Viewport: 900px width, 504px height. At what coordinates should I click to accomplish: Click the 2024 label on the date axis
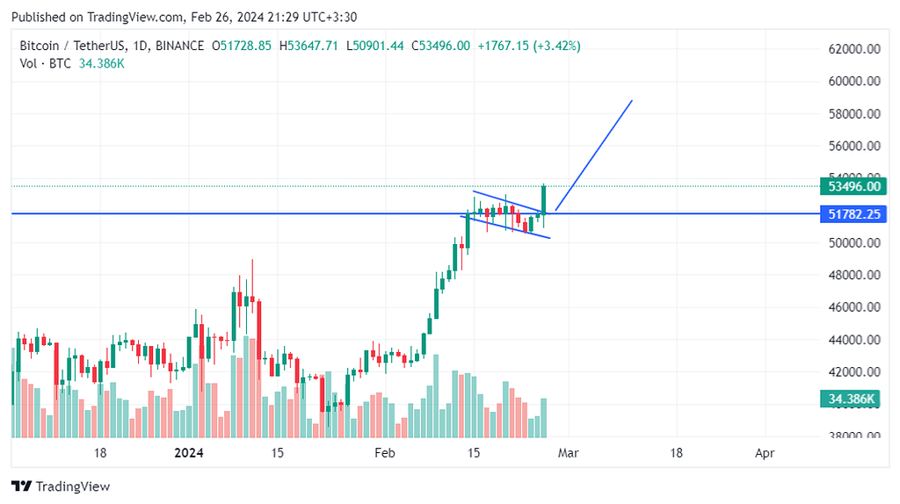pyautogui.click(x=189, y=453)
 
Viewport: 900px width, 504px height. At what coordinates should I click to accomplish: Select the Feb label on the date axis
pyautogui.click(x=384, y=453)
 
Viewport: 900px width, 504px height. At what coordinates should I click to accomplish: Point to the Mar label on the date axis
pyautogui.click(x=569, y=453)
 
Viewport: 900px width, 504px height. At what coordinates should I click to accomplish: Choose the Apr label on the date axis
pyautogui.click(x=765, y=453)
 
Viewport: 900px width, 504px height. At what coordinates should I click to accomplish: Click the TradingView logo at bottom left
pyautogui.click(x=61, y=486)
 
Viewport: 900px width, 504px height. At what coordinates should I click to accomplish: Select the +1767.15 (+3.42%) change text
pyautogui.click(x=528, y=46)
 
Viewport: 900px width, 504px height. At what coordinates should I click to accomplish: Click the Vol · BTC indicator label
pyautogui.click(x=45, y=63)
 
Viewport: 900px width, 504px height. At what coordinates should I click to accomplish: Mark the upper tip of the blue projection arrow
pyautogui.click(x=632, y=101)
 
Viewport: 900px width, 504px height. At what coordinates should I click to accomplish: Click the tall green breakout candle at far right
pyautogui.click(x=545, y=199)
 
